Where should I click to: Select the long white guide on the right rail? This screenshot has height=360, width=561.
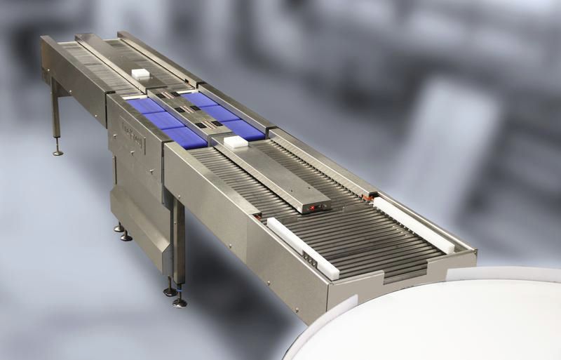click(x=413, y=223)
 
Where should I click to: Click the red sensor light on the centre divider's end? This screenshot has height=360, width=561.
click(x=309, y=208)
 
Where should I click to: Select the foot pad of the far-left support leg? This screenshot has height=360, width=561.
click(x=58, y=152)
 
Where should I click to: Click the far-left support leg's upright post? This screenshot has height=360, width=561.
click(x=54, y=112)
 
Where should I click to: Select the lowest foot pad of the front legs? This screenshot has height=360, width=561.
click(x=180, y=303)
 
